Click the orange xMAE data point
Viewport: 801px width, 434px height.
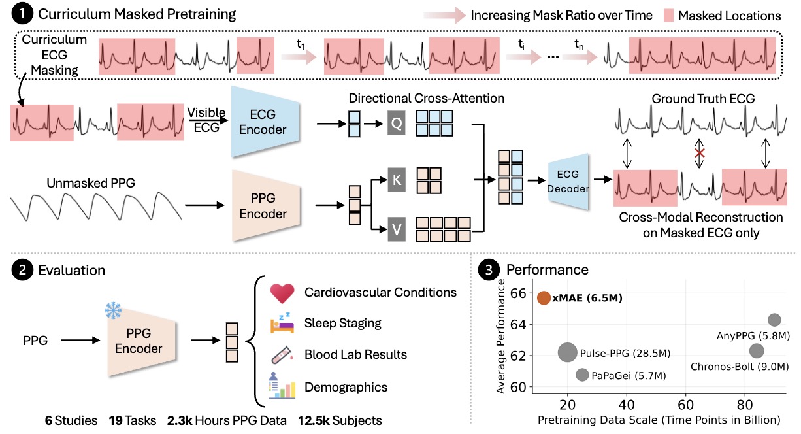coord(544,298)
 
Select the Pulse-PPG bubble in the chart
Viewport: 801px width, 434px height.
coord(568,353)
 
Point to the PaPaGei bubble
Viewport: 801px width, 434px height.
coord(582,375)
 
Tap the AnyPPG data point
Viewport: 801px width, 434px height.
coord(774,320)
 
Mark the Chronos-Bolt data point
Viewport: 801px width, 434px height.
coord(757,351)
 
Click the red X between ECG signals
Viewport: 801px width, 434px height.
coord(700,154)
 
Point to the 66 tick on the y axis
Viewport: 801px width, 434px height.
coord(516,293)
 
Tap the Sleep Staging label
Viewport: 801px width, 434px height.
coord(343,323)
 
